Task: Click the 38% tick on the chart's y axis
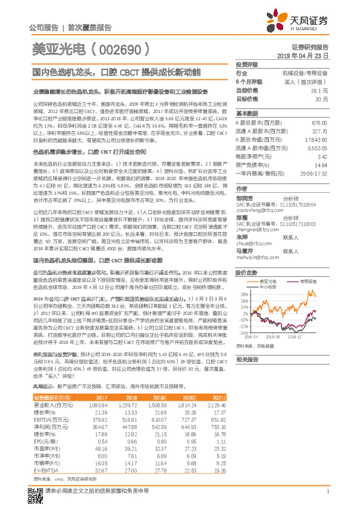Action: coord(243,294)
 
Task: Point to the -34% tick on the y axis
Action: coord(242,333)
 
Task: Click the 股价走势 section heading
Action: coord(246,273)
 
